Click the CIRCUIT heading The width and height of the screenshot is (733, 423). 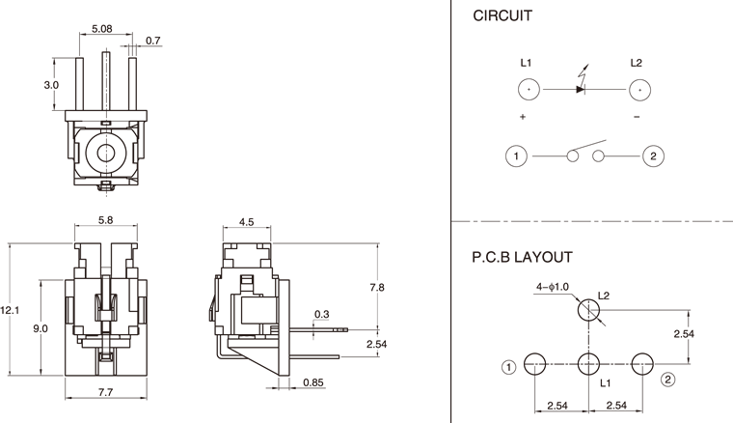pos(502,16)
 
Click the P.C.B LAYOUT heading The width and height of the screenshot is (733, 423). pos(522,258)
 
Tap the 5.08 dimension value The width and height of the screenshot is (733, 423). pos(100,30)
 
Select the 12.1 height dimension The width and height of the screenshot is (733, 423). pos(10,310)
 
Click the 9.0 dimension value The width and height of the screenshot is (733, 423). pos(41,329)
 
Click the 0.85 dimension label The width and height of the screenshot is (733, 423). pos(312,382)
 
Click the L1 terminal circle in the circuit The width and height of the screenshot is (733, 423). pos(528,90)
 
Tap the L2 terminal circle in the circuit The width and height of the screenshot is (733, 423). pos(638,90)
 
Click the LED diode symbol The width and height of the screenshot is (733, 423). pos(582,89)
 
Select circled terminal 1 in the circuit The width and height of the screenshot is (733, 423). pos(517,155)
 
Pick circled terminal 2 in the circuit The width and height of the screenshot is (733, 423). pos(653,155)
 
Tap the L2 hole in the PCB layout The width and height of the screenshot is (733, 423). pos(588,311)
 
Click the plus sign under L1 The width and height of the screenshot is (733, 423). pos(523,117)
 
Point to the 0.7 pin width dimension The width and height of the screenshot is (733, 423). pos(153,41)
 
